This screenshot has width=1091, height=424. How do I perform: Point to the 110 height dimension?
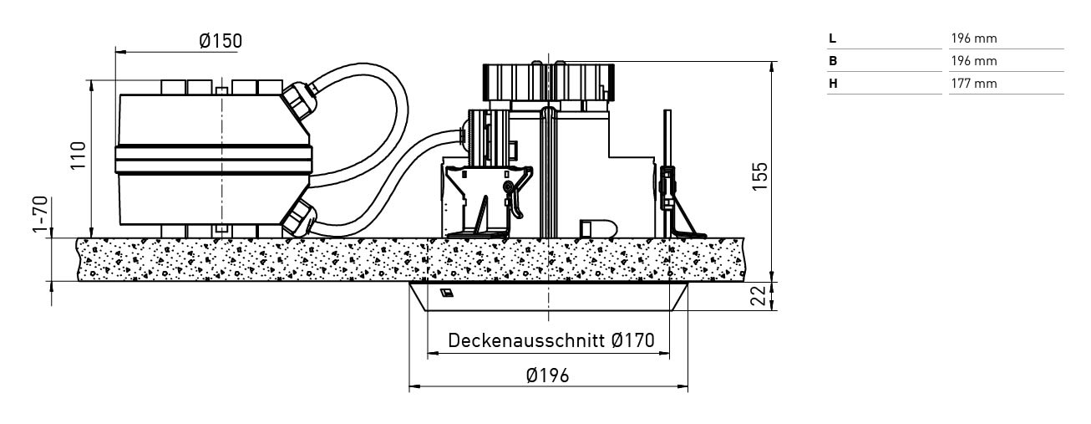pos(79,156)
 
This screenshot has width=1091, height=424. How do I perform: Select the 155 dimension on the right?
pos(759,176)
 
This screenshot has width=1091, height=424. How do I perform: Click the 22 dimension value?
pos(759,296)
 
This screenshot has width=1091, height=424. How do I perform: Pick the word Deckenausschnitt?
pos(527,341)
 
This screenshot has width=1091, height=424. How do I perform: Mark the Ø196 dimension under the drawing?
pos(547,375)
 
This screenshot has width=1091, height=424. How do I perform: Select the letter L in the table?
pos(832,38)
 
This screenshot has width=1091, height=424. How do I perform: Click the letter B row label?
pos(833,61)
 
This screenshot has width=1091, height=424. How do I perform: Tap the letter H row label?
pos(833,84)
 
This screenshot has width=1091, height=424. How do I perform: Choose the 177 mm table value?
pos(974,84)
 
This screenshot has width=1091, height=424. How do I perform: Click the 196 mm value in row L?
pos(974,38)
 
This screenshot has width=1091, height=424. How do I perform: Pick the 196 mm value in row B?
pos(974,61)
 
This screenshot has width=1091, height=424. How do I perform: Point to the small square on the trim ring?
pos(446,293)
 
